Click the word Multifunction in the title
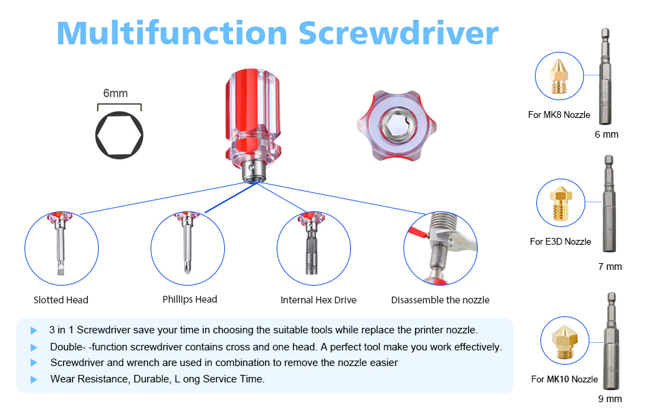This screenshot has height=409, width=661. (x=172, y=33)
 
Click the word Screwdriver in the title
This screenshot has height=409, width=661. (x=399, y=33)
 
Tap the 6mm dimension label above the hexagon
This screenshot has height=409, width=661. (x=116, y=93)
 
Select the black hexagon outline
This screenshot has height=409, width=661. (x=119, y=134)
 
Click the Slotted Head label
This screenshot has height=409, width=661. (x=61, y=300)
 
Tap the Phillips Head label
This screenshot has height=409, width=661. (x=189, y=299)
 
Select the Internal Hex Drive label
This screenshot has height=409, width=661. (x=318, y=300)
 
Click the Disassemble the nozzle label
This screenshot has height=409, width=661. (x=440, y=300)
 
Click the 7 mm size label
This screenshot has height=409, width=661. (x=610, y=267)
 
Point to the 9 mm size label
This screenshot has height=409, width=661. (x=609, y=399)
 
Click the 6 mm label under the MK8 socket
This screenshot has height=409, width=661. (x=606, y=134)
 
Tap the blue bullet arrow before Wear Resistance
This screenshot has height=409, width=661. (x=33, y=380)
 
